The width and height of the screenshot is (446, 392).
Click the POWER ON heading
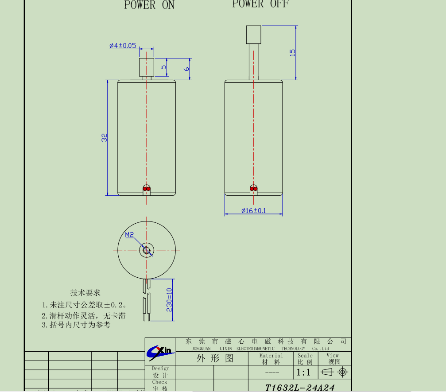click(x=149, y=5)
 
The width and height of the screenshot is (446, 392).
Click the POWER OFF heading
click(x=260, y=4)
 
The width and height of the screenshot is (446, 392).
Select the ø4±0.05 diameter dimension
click(x=123, y=46)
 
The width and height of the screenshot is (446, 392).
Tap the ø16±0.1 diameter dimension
click(x=253, y=210)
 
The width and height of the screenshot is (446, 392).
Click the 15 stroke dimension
click(x=292, y=52)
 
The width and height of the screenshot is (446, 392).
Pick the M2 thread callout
click(x=129, y=235)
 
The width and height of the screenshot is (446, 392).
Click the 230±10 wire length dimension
click(x=169, y=299)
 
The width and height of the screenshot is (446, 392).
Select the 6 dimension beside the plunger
click(x=186, y=69)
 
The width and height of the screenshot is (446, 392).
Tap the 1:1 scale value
click(x=303, y=373)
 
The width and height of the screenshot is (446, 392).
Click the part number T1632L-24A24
click(x=300, y=388)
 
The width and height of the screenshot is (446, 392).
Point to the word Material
click(x=271, y=355)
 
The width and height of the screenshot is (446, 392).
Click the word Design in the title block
click(x=160, y=369)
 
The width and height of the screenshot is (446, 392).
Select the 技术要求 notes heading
click(x=85, y=293)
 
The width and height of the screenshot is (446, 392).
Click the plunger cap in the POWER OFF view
click(x=254, y=35)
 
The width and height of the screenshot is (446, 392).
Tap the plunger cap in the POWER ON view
click(x=147, y=66)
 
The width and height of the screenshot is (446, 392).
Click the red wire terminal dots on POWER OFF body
click(x=253, y=189)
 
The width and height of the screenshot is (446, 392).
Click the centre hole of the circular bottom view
click(x=147, y=250)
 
